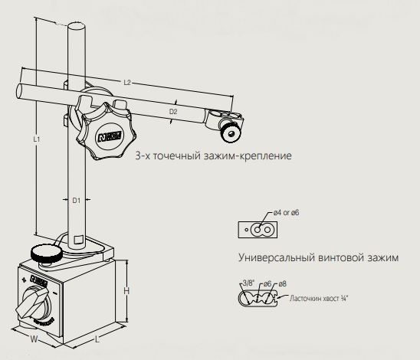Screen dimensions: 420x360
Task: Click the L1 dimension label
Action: [x=37, y=139]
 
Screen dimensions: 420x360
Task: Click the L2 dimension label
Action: [x=127, y=83]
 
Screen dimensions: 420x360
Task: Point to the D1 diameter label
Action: [x=77, y=200]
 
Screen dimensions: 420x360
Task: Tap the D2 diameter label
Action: [x=173, y=111]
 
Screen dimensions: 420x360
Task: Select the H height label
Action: [x=126, y=291]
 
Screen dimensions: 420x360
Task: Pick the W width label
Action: [x=34, y=339]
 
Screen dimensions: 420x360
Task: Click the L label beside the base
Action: [x=97, y=339]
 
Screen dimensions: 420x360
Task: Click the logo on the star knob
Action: [x=110, y=136]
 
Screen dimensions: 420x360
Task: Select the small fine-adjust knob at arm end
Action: [x=230, y=133]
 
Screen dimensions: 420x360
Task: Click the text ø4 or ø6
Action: [x=286, y=212]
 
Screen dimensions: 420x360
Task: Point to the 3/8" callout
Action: [x=248, y=283]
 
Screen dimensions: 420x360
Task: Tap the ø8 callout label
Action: [x=282, y=283]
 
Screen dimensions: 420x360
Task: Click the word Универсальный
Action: [x=277, y=257]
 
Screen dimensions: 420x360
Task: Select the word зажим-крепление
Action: [x=248, y=155]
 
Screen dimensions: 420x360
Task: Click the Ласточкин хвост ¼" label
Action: [x=319, y=298]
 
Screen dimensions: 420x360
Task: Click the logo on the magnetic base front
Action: [x=39, y=280]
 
